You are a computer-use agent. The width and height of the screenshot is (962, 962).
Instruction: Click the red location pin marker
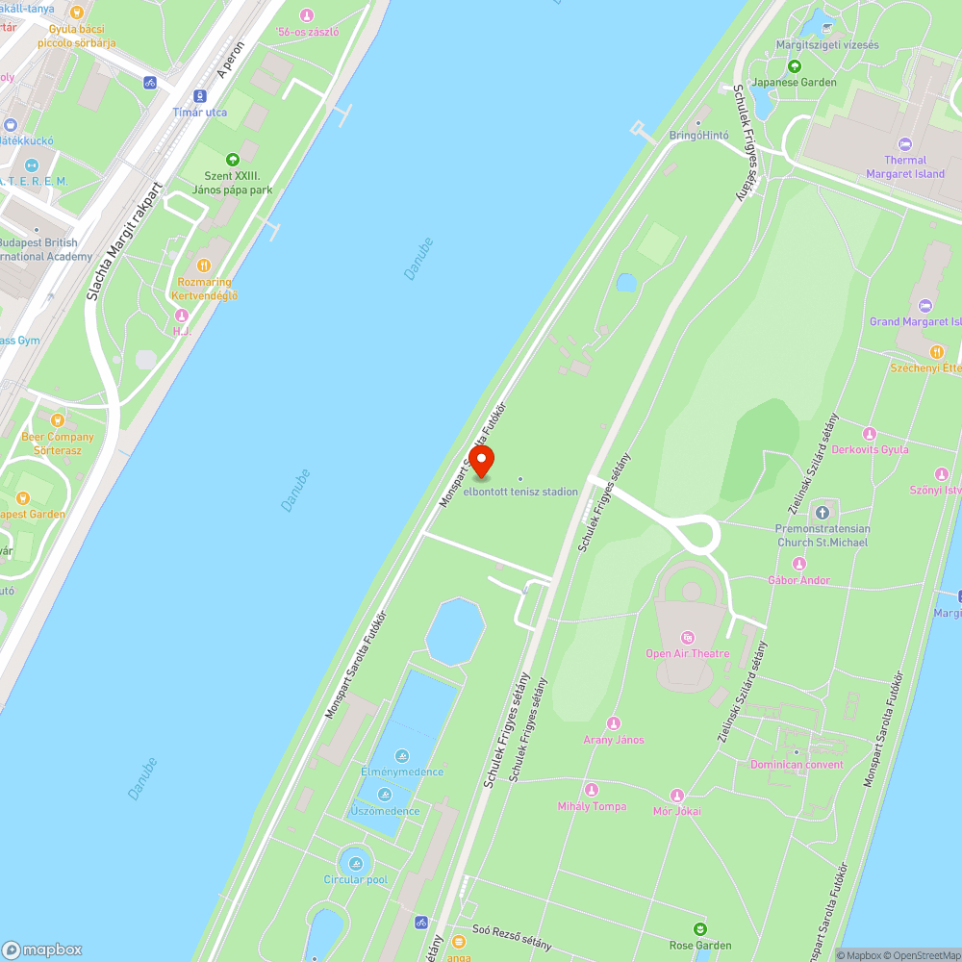481,460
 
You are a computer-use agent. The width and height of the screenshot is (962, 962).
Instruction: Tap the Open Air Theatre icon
687,638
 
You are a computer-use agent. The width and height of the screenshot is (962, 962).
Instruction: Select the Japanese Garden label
795,83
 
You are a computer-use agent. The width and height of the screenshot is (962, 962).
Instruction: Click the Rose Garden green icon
700,929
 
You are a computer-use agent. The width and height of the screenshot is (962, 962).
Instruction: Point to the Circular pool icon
356,863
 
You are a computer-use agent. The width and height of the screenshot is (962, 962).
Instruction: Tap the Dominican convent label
797,765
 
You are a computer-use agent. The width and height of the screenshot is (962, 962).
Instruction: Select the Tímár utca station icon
200,95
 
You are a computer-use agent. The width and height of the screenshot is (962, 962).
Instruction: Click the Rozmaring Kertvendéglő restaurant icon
203,266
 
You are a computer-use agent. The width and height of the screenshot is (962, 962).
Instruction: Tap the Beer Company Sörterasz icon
58,420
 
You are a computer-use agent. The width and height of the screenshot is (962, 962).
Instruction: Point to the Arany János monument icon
614,723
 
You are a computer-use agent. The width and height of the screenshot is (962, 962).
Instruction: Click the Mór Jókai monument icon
677,795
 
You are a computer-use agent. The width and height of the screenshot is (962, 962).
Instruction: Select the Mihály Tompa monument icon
592,790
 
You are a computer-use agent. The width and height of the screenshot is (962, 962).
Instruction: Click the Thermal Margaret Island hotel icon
904,143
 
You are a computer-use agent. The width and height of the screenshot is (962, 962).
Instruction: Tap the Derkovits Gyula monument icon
870,434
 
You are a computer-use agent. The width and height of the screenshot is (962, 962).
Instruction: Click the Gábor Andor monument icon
798,564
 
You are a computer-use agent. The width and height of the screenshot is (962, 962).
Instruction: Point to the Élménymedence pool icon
401,755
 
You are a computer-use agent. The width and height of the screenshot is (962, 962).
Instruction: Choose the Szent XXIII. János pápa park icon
231,159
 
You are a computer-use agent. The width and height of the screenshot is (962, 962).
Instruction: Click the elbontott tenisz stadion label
520,492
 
